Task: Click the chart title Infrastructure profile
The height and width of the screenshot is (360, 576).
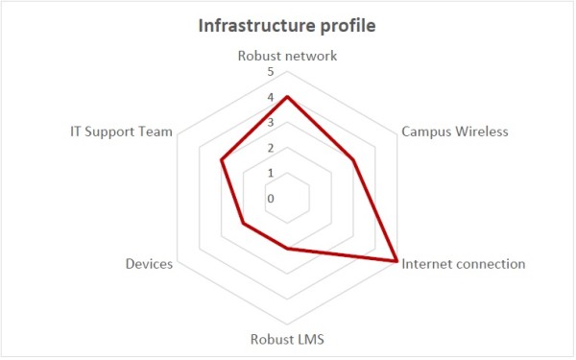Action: pyautogui.click(x=287, y=25)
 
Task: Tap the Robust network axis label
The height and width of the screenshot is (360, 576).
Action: pyautogui.click(x=287, y=56)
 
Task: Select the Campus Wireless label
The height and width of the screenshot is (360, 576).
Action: pyautogui.click(x=454, y=132)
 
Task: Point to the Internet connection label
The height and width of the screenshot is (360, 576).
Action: pyautogui.click(x=463, y=263)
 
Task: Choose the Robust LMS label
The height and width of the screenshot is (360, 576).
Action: pyautogui.click(x=287, y=338)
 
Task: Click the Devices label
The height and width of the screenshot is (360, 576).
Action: pyautogui.click(x=149, y=263)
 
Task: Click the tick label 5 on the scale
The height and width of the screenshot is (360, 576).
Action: pyautogui.click(x=270, y=73)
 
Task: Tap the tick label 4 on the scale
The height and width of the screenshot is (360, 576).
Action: pyautogui.click(x=270, y=98)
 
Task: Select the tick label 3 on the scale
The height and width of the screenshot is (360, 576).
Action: pyautogui.click(x=270, y=123)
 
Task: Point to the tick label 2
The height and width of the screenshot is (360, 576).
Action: pyautogui.click(x=270, y=148)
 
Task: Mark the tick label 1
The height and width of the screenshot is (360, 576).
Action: pyautogui.click(x=270, y=173)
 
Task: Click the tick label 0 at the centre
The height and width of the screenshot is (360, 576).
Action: pyautogui.click(x=270, y=199)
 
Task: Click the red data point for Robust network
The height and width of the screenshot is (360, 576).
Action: pyautogui.click(x=287, y=97)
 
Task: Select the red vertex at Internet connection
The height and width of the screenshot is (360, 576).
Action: pyautogui.click(x=396, y=260)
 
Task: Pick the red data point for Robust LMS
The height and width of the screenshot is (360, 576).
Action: pyautogui.click(x=287, y=249)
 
